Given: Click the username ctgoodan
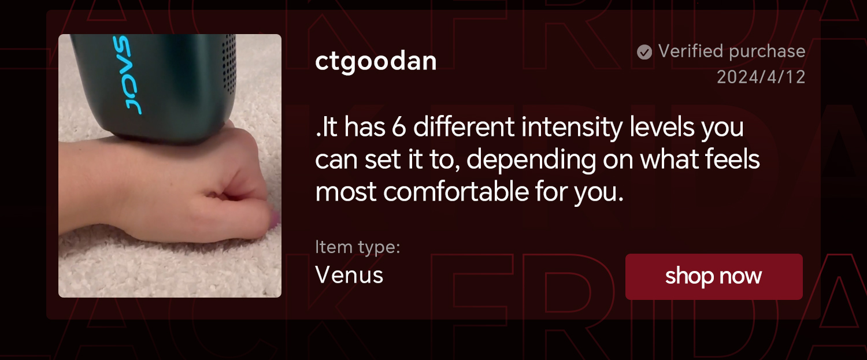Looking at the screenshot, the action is [x=376, y=62].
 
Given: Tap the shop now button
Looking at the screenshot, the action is [x=714, y=276].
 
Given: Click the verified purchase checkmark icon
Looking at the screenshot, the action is [x=644, y=52].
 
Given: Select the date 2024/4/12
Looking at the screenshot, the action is [x=761, y=77].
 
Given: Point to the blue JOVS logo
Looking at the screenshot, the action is [x=127, y=75].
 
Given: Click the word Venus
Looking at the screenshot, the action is [x=349, y=275].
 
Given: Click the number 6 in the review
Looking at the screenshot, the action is [x=399, y=127].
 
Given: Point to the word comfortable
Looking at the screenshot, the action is [x=456, y=192].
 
